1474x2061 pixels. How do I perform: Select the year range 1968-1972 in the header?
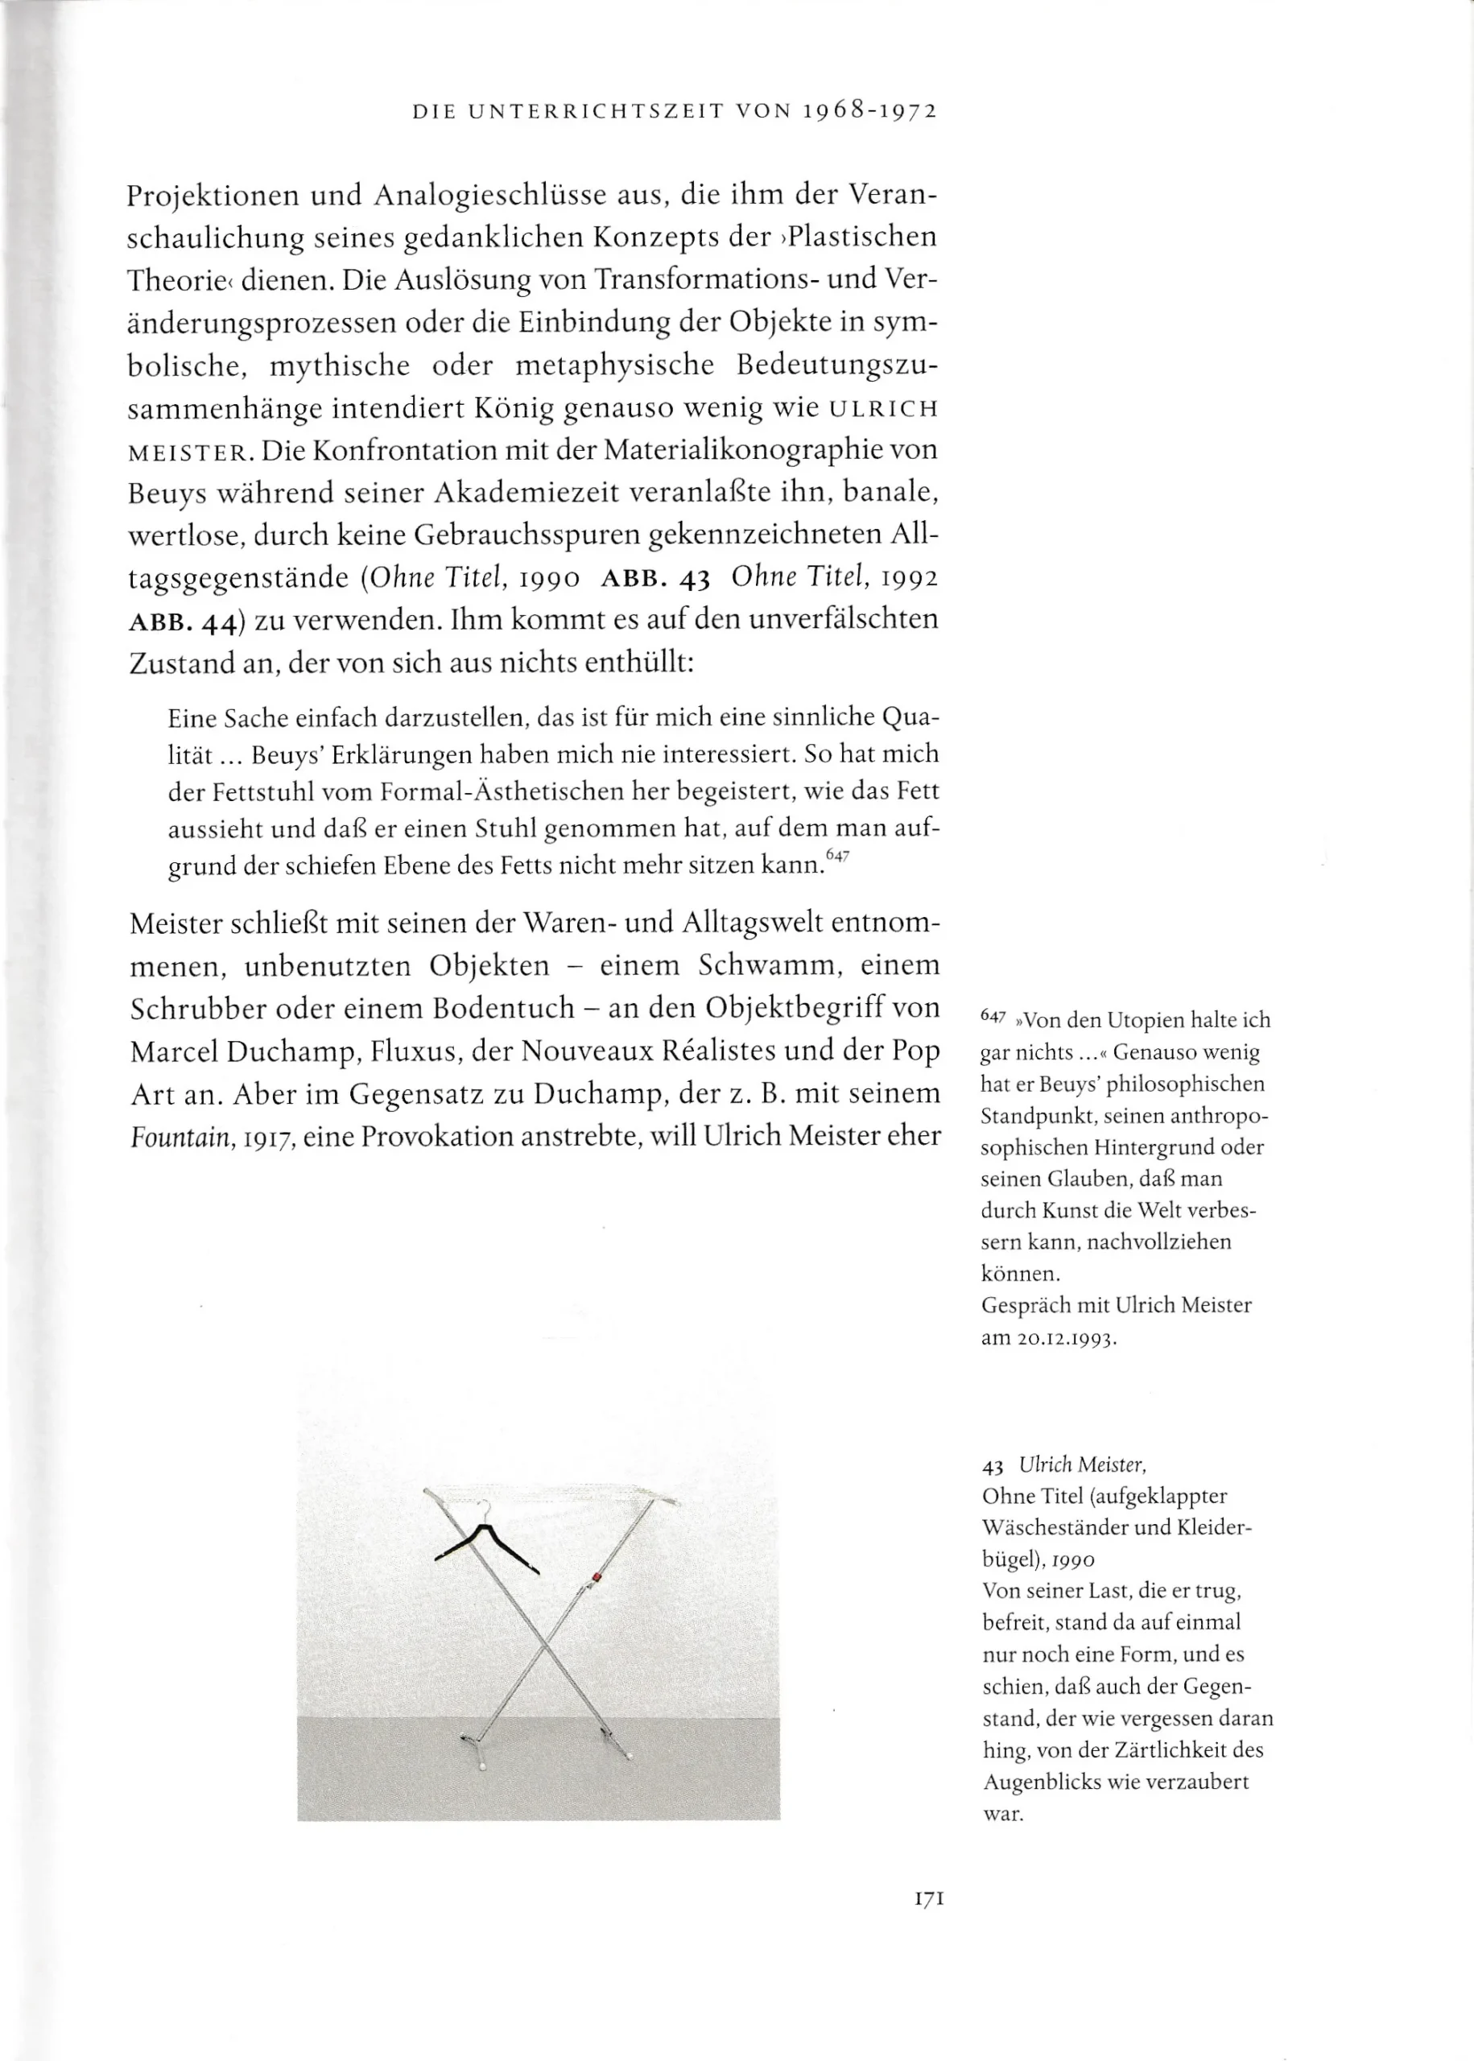click(x=869, y=112)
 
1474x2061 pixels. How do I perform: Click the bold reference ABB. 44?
click(x=184, y=622)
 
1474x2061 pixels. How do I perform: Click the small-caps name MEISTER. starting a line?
click(x=187, y=452)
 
